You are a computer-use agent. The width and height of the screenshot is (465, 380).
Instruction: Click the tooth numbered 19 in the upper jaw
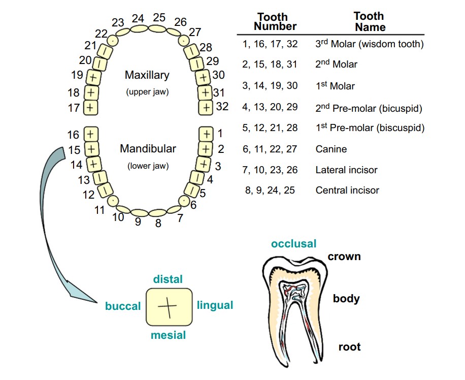click(x=93, y=78)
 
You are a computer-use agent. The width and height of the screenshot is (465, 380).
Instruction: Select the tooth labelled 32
click(x=206, y=108)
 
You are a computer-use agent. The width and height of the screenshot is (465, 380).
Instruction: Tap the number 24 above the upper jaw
click(x=138, y=19)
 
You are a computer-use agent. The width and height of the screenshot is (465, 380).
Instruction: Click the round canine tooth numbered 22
click(x=113, y=40)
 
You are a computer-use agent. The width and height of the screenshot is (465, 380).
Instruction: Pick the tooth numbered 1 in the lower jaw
click(x=206, y=134)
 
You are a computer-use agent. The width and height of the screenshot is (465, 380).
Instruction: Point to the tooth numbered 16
click(x=91, y=134)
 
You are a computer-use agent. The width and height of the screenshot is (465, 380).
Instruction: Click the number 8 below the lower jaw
click(x=158, y=223)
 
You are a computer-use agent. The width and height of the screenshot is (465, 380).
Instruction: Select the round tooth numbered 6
click(x=184, y=201)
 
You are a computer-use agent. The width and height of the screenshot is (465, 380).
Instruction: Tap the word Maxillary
click(x=147, y=75)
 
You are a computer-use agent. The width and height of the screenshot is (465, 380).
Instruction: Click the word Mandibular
click(x=148, y=148)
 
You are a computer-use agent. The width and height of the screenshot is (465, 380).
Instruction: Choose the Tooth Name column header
click(x=370, y=21)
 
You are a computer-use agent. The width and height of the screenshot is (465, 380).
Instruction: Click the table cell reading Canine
click(x=331, y=149)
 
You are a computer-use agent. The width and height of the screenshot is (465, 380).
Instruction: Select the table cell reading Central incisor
click(x=347, y=190)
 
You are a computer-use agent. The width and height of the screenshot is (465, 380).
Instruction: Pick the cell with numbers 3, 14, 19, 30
click(x=270, y=86)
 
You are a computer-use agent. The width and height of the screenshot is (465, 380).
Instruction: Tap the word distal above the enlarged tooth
click(x=168, y=279)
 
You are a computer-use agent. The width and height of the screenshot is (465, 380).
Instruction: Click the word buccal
click(x=123, y=306)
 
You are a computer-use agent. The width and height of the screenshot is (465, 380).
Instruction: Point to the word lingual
click(x=215, y=305)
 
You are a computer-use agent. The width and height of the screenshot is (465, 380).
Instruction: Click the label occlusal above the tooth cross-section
click(x=293, y=244)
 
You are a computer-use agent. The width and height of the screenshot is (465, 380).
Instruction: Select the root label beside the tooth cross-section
click(x=350, y=346)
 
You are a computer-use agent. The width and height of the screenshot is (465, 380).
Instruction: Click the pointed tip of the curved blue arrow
click(x=97, y=302)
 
